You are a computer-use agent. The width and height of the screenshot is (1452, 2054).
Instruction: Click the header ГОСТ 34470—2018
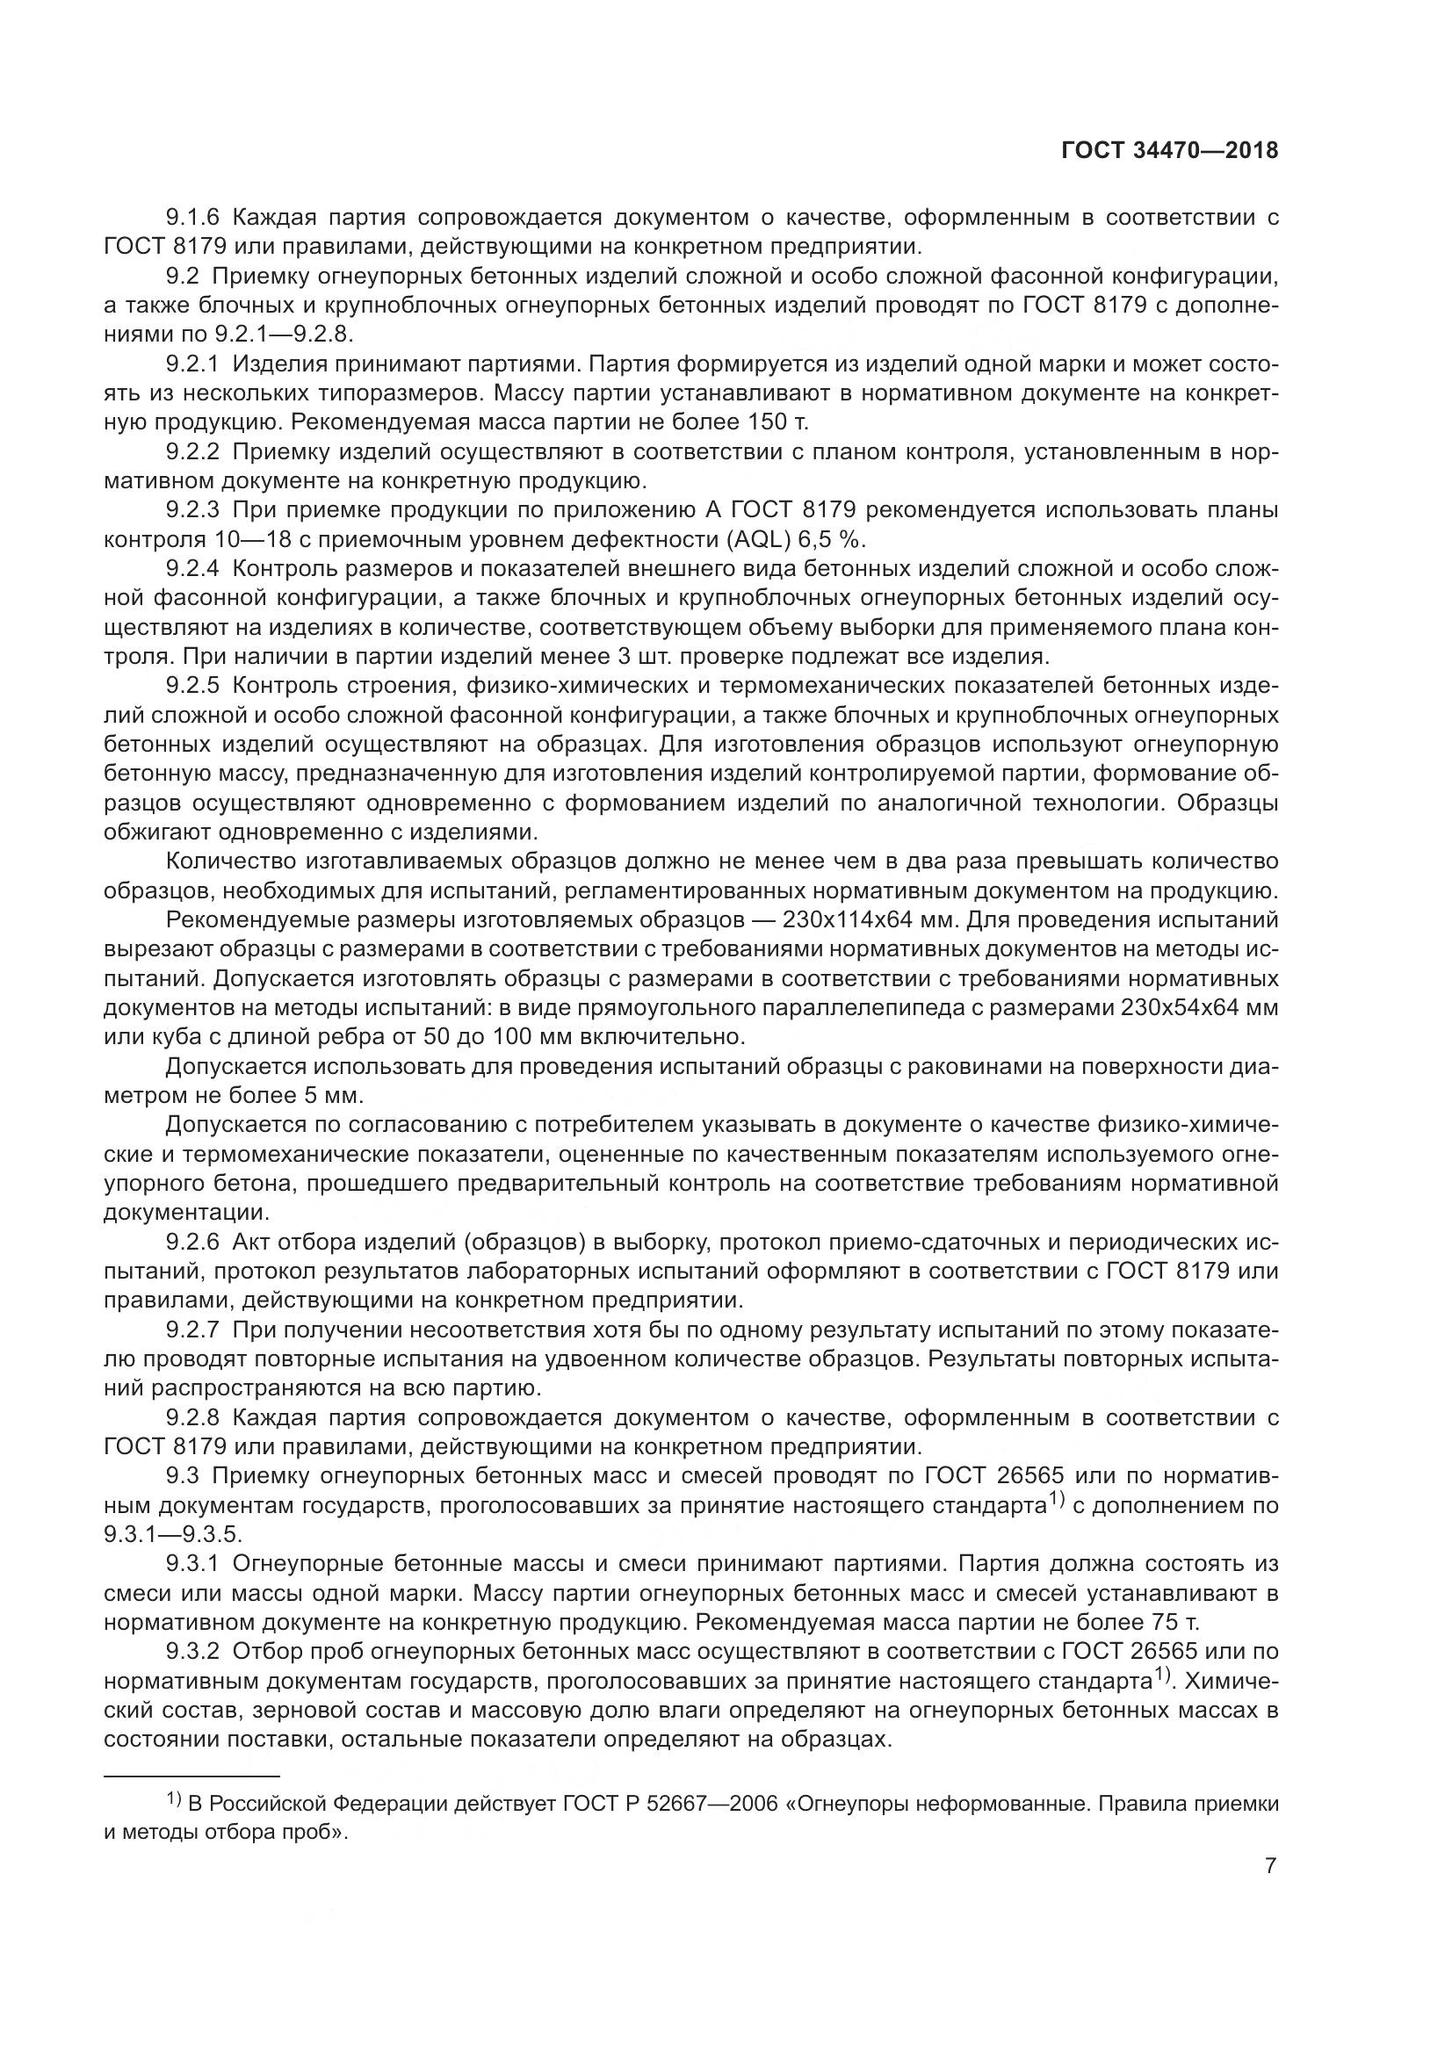pyautogui.click(x=1169, y=151)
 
